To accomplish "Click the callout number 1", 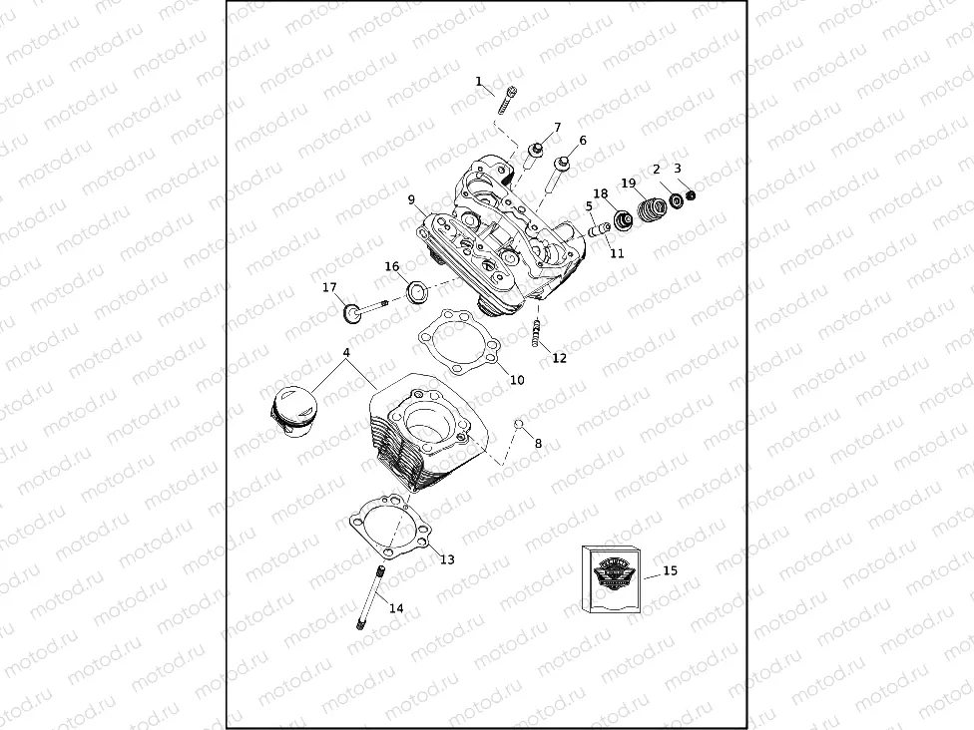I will (478, 81).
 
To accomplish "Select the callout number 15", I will (670, 570).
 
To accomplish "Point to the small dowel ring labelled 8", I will (519, 426).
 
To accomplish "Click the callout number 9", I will (411, 199).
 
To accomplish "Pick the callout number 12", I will (559, 358).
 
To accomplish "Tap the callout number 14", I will (396, 607).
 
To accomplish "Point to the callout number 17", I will (329, 287).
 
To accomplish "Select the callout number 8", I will (538, 443).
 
